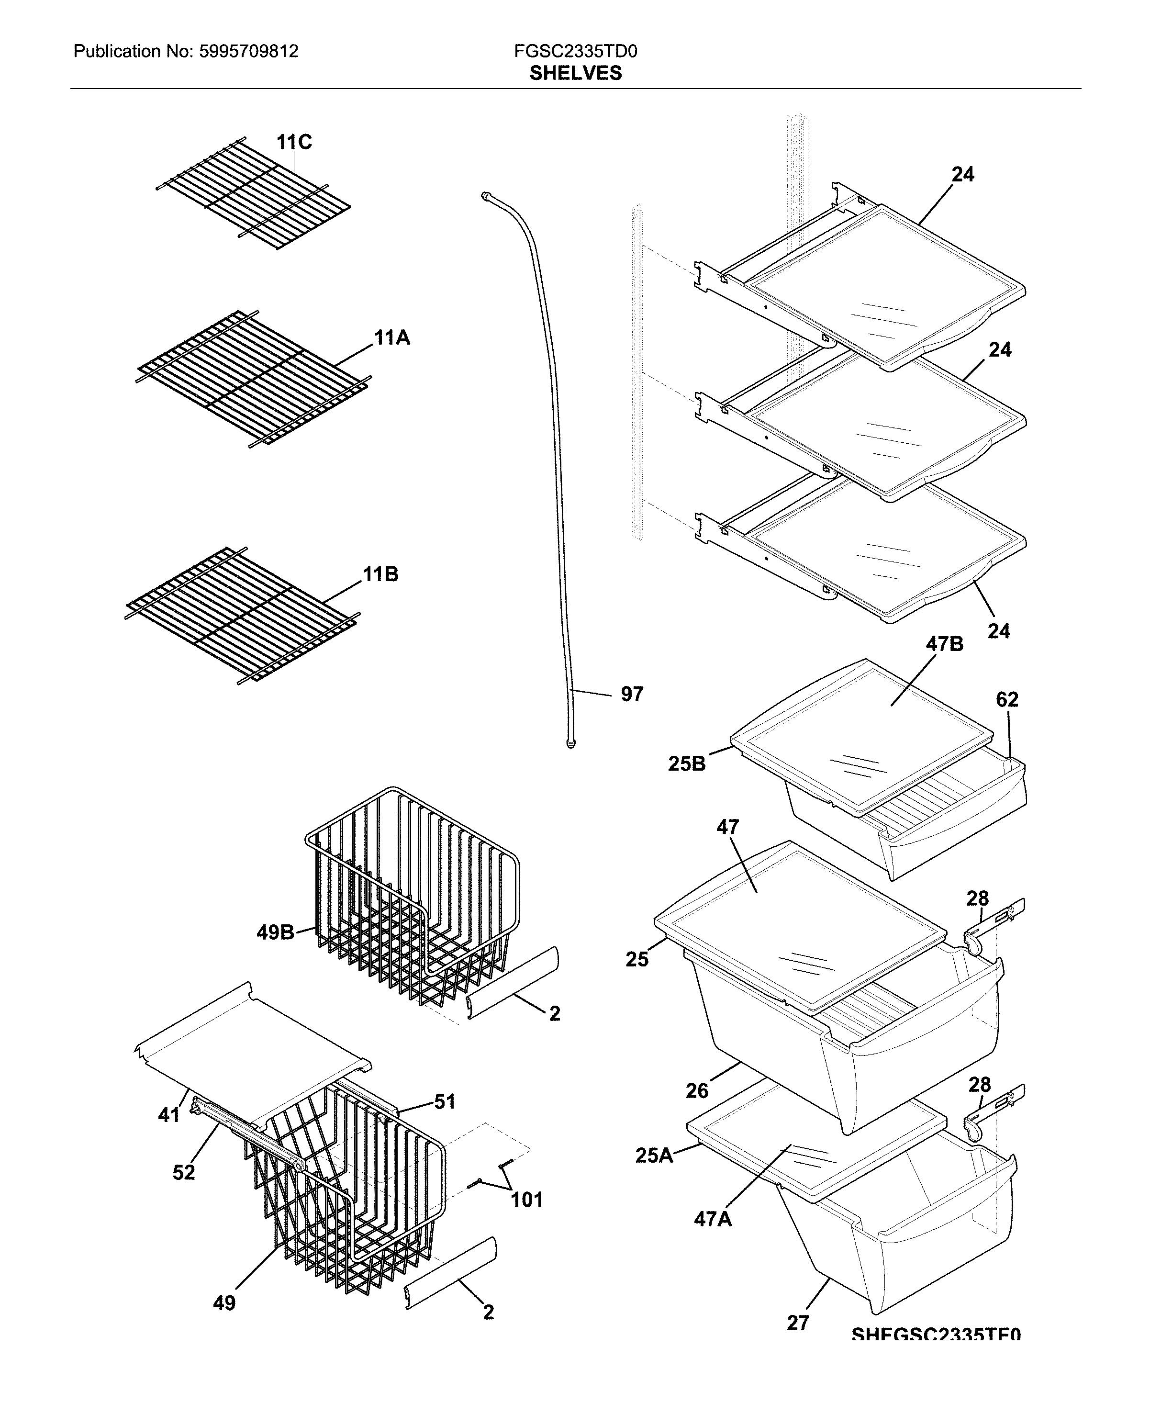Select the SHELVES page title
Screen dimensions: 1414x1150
click(575, 73)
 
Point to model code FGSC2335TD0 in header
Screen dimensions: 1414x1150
click(575, 52)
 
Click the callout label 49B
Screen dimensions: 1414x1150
click(275, 933)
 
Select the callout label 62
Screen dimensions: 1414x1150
click(1006, 700)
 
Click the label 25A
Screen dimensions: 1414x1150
click(654, 1156)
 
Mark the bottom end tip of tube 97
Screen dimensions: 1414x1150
click(570, 744)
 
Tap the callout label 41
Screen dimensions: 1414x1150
click(168, 1115)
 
